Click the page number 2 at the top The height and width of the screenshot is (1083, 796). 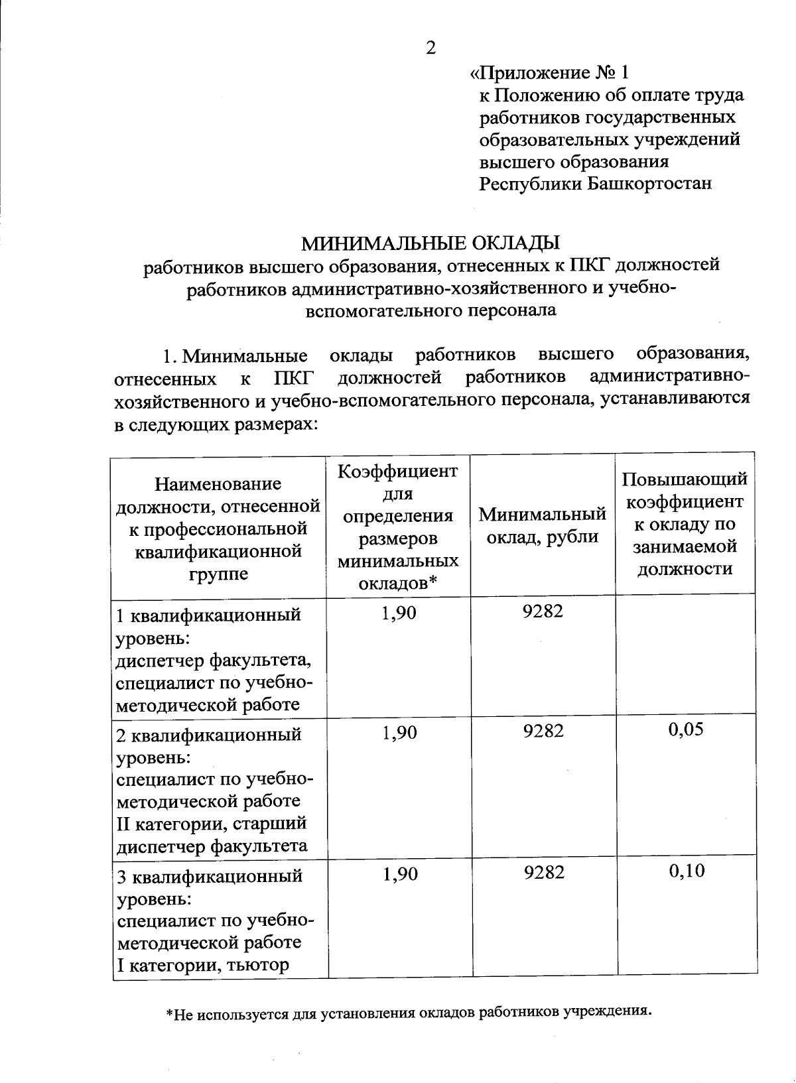[x=431, y=48]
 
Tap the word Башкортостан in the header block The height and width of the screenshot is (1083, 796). [x=650, y=184]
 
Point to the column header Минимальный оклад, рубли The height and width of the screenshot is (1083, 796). [x=543, y=525]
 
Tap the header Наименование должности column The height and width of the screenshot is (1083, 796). [x=218, y=529]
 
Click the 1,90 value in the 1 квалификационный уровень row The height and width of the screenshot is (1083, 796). [x=399, y=612]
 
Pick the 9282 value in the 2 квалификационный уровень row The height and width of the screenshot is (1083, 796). [x=543, y=731]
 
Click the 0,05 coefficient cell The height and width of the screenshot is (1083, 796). [x=686, y=730]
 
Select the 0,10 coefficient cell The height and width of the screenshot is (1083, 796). [x=687, y=871]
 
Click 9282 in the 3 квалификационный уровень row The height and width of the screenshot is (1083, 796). [x=543, y=872]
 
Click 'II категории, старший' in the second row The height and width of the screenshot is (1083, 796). [x=212, y=824]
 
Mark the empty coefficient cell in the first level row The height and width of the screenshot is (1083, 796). [x=685, y=653]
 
